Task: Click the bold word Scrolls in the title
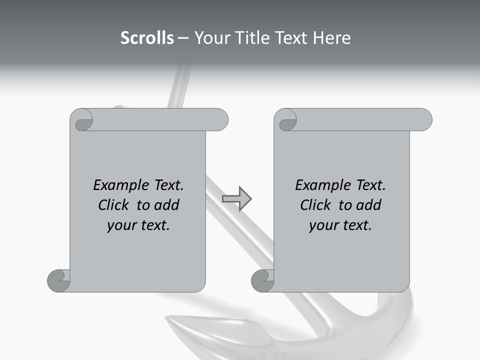click(147, 38)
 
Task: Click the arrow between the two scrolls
click(236, 199)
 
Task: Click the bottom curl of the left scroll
click(59, 280)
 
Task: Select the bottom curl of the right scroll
click(262, 280)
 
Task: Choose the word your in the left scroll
click(121, 225)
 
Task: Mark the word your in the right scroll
click(323, 225)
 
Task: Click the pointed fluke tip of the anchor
click(170, 318)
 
